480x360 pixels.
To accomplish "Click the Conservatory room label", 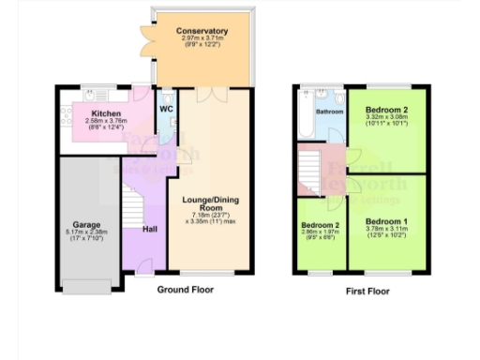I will coord(202,32).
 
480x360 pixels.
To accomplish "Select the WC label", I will coord(166,109).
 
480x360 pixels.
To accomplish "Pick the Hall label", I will coord(149,228).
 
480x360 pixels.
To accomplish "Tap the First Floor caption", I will coord(367,291).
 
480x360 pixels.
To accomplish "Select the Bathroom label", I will coord(329,112).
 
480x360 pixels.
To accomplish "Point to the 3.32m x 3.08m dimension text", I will coord(384,116).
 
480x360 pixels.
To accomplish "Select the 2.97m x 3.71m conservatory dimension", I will coord(202,39).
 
